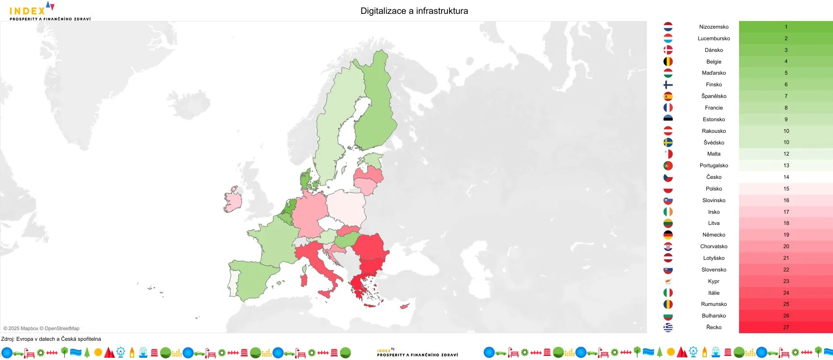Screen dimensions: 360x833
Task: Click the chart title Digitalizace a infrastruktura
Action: pos(414,11)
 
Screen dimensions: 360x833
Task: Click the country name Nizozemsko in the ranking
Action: pos(714,27)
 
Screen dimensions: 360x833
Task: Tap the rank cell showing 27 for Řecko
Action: pos(786,327)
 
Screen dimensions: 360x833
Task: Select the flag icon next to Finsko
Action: pos(668,85)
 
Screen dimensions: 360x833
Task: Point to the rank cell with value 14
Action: pos(786,177)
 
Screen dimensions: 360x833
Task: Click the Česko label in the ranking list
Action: pos(714,177)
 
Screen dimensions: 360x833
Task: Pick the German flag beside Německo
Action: pos(668,235)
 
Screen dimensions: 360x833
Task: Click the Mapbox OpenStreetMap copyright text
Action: pos(42,328)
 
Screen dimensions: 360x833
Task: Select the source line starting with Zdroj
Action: pos(51,339)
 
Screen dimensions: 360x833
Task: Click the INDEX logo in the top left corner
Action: pos(49,11)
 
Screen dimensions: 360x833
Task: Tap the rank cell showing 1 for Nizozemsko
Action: pos(786,27)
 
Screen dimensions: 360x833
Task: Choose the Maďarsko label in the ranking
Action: pos(714,73)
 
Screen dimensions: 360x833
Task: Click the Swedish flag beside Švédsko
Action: pos(668,143)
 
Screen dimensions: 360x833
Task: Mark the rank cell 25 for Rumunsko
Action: pos(786,304)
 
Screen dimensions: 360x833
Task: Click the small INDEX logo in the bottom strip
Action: pos(417,352)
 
